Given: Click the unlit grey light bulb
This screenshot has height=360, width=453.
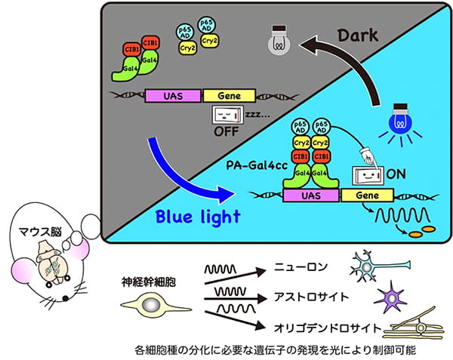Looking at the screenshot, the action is (279, 41).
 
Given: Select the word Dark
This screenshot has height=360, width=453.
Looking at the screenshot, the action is (358, 35).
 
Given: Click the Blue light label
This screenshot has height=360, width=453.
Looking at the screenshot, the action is (198, 217).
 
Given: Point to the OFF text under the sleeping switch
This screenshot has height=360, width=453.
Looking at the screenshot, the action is (226, 131).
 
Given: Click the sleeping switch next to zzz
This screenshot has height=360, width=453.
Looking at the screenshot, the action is (228, 115).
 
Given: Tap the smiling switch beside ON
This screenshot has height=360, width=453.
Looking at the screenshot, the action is (368, 175).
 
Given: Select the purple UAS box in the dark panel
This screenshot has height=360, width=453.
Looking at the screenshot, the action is (173, 96).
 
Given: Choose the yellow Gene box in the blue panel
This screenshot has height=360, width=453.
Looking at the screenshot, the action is (367, 195).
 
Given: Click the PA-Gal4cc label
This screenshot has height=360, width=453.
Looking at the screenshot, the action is (257, 165).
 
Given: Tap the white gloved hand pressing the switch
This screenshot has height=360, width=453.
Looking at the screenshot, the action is (368, 156).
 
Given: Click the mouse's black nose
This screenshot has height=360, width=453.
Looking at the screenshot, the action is (66, 299).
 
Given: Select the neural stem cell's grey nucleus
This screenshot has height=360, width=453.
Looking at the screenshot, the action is (152, 306).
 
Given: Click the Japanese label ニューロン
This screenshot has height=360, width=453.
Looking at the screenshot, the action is (300, 267).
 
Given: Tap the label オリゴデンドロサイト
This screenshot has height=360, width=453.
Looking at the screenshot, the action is (328, 328).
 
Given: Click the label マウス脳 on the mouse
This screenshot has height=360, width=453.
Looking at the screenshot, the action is (40, 232).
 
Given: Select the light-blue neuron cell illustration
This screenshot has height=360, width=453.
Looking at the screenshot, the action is (378, 266).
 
